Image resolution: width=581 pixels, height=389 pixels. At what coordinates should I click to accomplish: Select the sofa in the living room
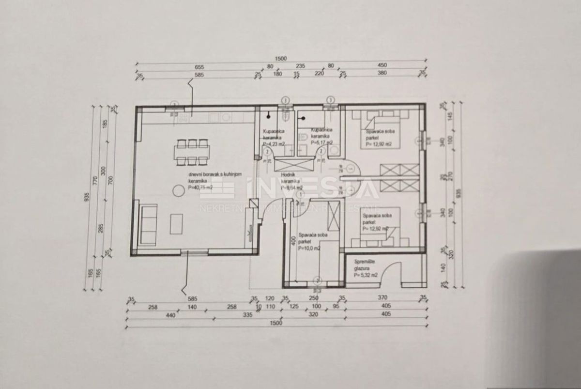148,224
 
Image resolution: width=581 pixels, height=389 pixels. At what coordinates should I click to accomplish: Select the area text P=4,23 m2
274,143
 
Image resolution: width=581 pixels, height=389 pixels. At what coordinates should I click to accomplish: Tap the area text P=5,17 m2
321,142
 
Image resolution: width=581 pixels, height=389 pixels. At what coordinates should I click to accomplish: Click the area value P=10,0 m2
309,248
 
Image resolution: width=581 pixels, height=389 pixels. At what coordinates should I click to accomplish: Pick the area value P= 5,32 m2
366,275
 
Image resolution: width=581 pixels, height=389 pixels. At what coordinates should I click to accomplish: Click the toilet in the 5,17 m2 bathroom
302,139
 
